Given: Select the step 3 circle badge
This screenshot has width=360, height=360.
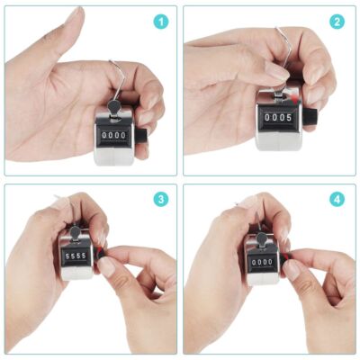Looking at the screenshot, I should pos(161,199).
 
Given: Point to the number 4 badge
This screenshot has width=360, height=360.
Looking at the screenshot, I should pos(337,199).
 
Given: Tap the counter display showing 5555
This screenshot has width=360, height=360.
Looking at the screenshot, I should pos(76,255).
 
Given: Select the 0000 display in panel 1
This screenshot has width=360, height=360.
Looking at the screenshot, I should pos(115,135).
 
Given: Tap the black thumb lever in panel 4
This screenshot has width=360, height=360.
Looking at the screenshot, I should pos(260,238).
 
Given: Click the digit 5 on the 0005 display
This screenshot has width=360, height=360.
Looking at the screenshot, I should pos(288,116).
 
